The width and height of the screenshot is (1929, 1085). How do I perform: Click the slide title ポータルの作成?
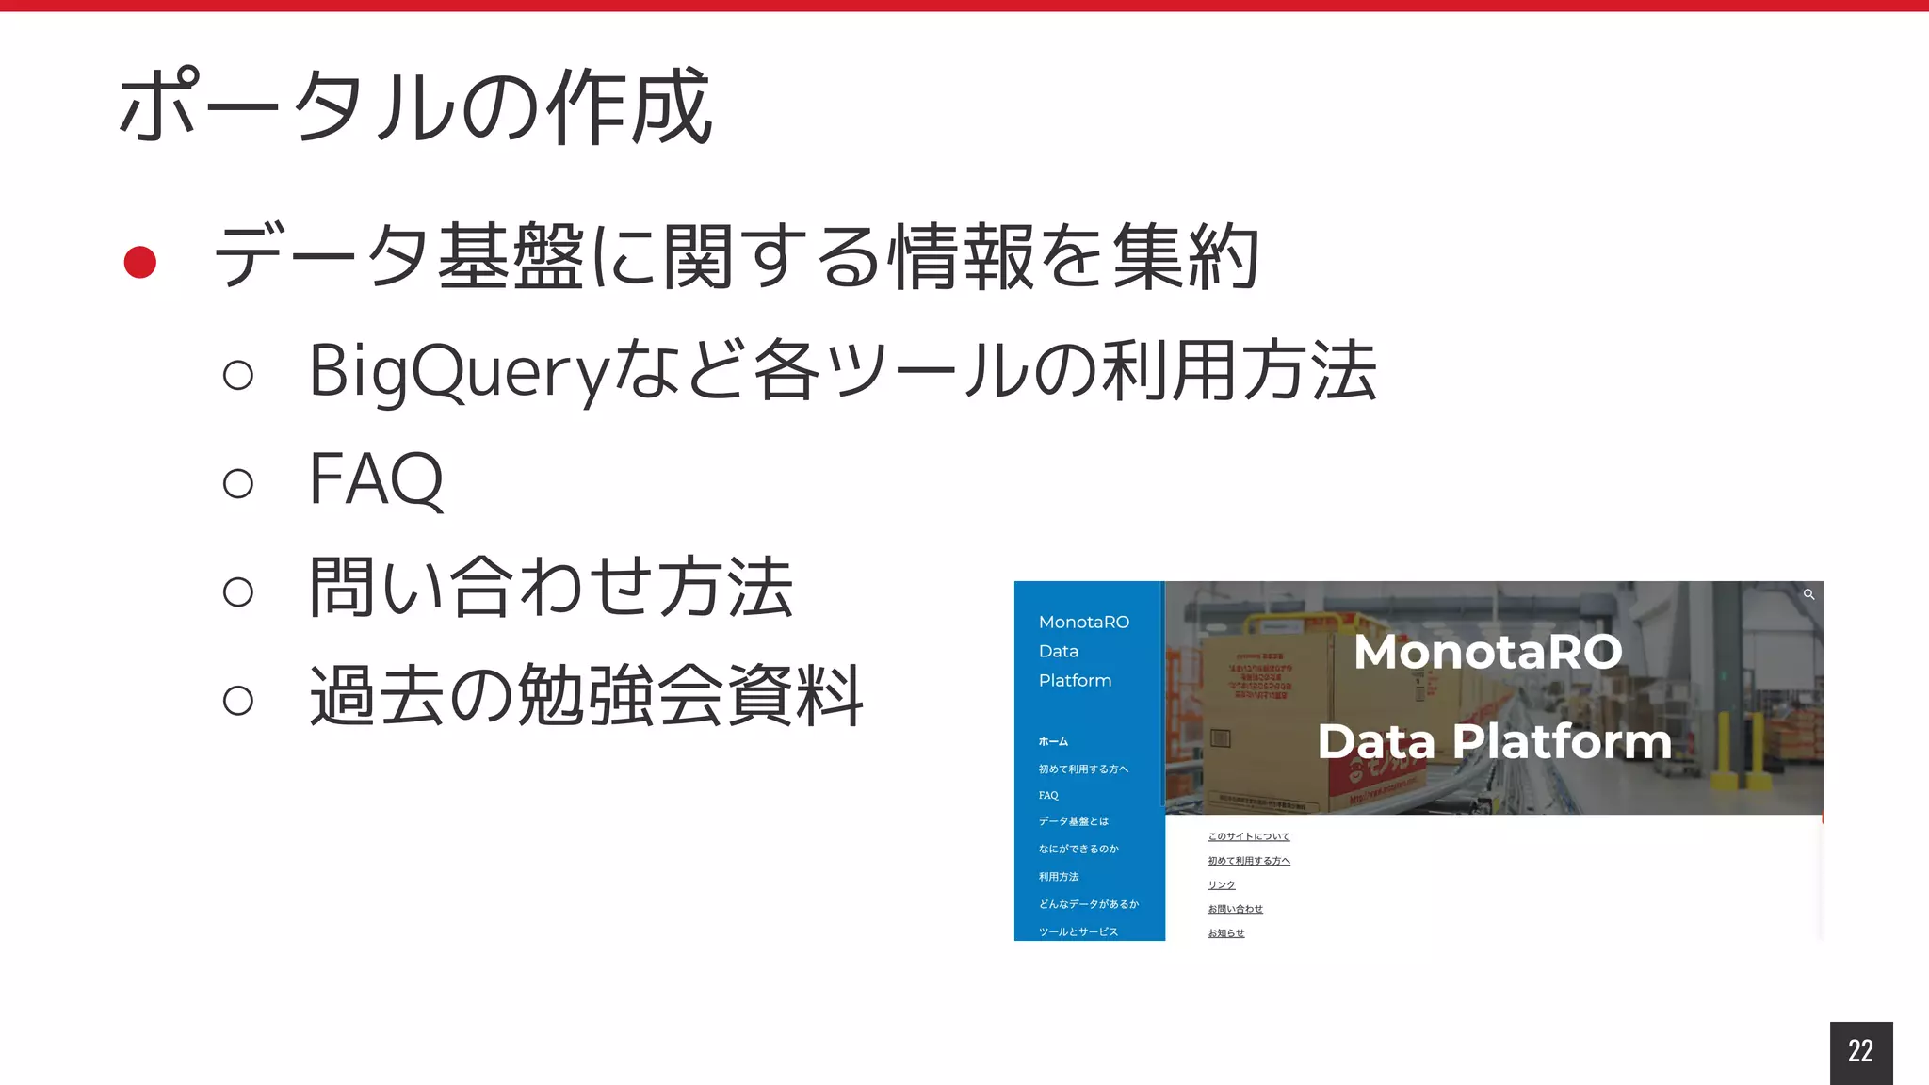(x=414, y=106)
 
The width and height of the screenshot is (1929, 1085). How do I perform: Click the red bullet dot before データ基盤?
(x=140, y=262)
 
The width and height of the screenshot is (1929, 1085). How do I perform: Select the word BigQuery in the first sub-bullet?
(x=461, y=371)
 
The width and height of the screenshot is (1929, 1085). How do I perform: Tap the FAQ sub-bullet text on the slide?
(x=376, y=479)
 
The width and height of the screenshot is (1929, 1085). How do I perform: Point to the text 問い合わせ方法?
(x=551, y=588)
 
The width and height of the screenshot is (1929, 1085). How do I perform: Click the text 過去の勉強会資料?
(x=586, y=696)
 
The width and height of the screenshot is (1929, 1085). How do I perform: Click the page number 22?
(x=1860, y=1051)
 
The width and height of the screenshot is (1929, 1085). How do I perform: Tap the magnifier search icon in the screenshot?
(x=1808, y=594)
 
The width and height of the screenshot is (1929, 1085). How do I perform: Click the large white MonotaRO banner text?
(x=1488, y=652)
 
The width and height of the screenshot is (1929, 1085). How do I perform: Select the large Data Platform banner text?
(x=1494, y=741)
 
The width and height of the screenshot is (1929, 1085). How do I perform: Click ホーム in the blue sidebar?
(x=1053, y=742)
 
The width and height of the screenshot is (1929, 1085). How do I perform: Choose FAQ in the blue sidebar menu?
(x=1048, y=796)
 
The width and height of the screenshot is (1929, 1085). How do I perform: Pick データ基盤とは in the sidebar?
(x=1073, y=821)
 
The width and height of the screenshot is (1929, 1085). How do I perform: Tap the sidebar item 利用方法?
(x=1059, y=877)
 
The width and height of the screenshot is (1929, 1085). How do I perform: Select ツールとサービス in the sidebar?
(x=1078, y=931)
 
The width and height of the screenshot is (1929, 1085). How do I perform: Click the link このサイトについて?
(x=1248, y=836)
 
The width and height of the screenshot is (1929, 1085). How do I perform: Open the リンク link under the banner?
(x=1221, y=885)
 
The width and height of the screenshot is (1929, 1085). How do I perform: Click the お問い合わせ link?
(x=1235, y=909)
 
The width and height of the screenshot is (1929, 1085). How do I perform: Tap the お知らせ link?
(x=1225, y=933)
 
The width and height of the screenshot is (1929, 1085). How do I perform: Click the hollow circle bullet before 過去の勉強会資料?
(x=238, y=700)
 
